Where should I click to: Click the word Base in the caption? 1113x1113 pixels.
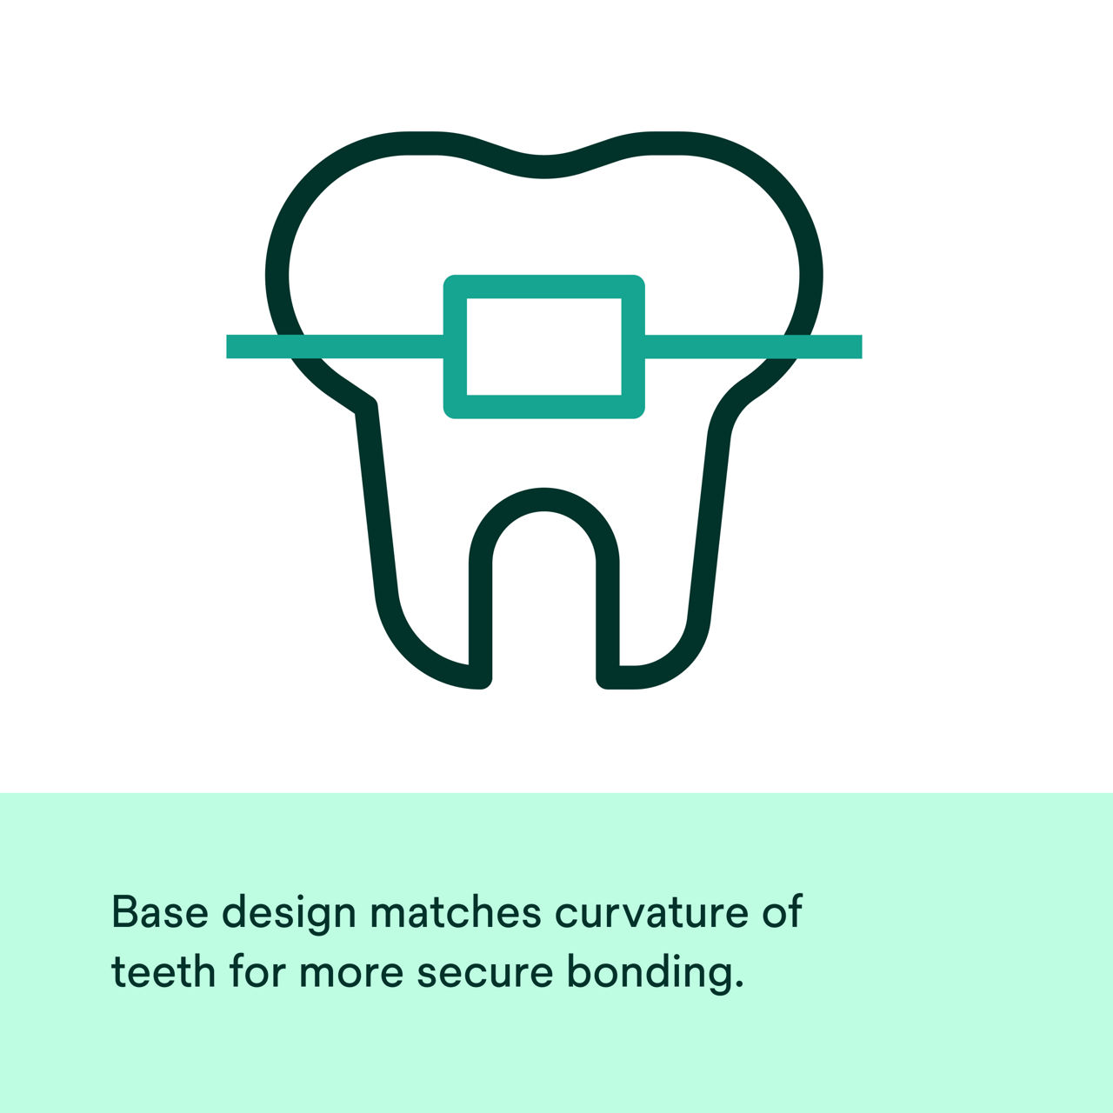click(160, 912)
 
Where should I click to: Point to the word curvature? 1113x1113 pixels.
click(650, 912)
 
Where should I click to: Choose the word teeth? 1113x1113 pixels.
click(163, 971)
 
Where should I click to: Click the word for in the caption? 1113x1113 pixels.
click(257, 970)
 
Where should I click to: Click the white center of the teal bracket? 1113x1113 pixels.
click(544, 346)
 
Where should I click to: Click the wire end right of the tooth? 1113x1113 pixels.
click(856, 346)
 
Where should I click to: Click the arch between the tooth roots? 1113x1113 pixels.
click(544, 500)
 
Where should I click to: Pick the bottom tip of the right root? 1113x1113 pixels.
click(619, 677)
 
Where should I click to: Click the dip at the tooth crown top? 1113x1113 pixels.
click(544, 167)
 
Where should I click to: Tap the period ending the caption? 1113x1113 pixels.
click(739, 986)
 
